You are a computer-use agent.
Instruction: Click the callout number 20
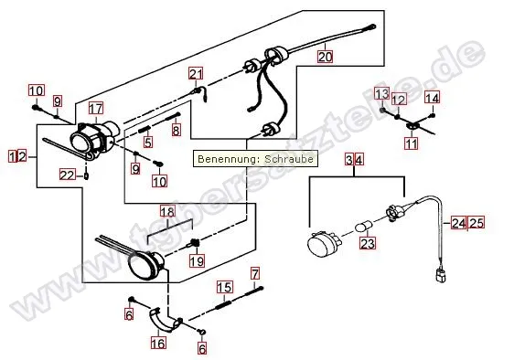[325, 57]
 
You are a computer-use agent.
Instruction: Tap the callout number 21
[196, 74]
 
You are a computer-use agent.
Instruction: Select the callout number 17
[96, 108]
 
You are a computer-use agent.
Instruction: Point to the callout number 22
[68, 175]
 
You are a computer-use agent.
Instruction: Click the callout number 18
[167, 212]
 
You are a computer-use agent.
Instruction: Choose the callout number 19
[197, 260]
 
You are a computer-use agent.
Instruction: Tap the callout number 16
[158, 344]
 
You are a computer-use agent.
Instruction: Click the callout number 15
[225, 287]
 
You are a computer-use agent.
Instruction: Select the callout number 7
[255, 273]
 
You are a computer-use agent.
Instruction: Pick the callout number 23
[368, 243]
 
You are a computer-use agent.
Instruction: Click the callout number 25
[477, 223]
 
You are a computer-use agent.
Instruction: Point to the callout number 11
[412, 143]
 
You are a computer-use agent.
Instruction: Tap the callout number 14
[432, 98]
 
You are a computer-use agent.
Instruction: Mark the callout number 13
[382, 94]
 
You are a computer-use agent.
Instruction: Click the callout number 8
[177, 131]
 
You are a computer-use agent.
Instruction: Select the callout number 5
[148, 142]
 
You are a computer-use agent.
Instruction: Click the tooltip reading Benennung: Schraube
[255, 159]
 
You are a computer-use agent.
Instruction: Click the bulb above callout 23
[364, 226]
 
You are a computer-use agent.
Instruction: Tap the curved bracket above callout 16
[164, 322]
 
